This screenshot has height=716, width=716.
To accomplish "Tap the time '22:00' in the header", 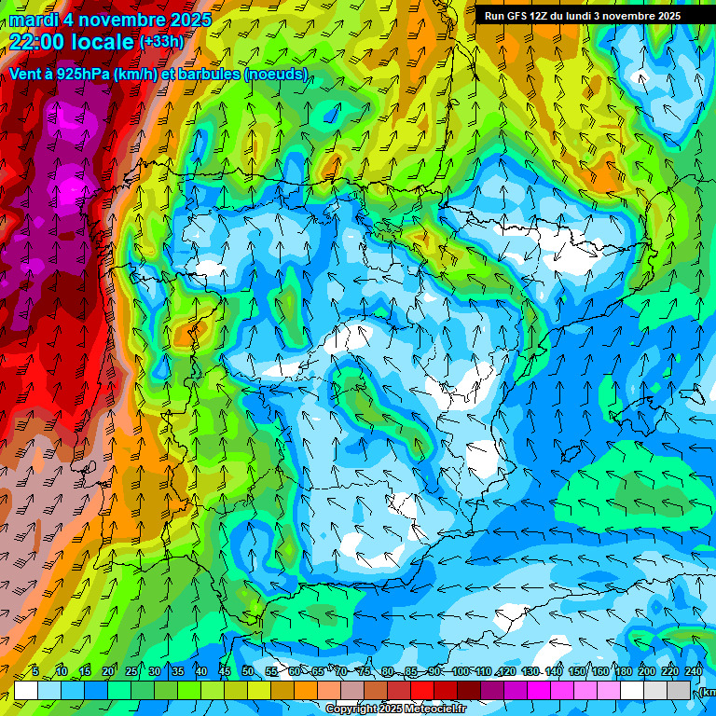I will coord(37,42).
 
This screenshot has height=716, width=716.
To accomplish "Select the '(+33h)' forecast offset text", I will coord(161,41).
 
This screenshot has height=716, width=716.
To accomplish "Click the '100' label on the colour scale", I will coord(461,672).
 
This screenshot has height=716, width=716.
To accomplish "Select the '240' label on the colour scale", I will coord(693,672).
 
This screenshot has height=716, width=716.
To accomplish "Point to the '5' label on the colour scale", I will coord(35,672).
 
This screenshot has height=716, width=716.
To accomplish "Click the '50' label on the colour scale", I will coord(247,672).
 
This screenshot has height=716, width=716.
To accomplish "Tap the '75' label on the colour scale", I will coord(365,672).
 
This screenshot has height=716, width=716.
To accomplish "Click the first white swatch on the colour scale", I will coord(25,690).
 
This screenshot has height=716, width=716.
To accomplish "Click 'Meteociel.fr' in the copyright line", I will coord(435,709).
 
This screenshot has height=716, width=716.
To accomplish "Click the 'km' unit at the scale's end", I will coord(708,692).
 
